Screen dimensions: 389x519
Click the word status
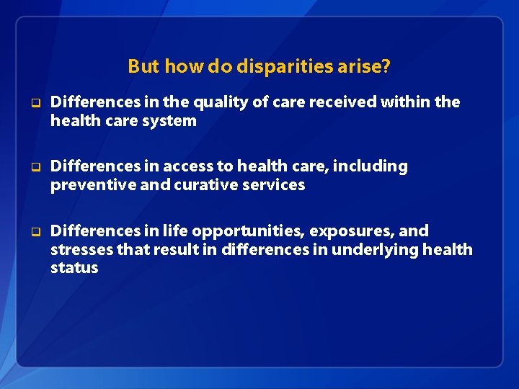pos(74,267)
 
